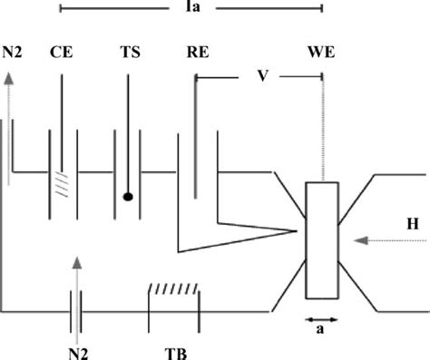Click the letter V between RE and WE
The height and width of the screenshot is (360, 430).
260,76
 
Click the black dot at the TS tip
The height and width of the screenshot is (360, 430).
129,195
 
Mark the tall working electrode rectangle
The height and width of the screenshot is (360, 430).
322,239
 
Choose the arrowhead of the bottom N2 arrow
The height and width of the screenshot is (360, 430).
78,262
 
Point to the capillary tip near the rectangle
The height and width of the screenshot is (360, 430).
298,232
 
